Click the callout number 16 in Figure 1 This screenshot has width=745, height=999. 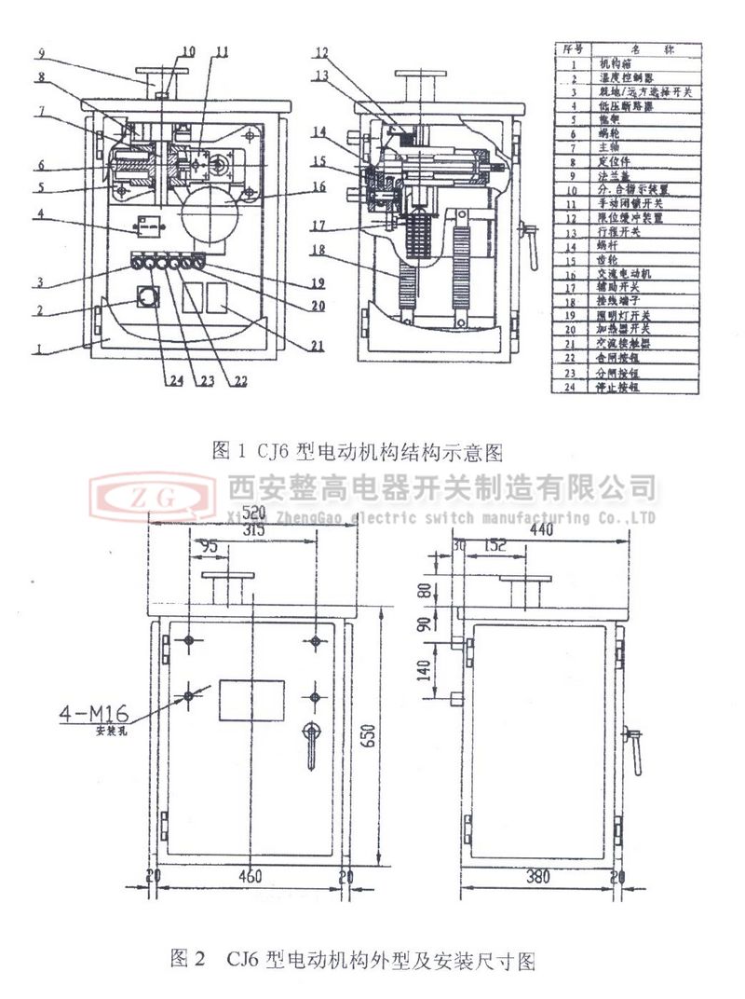coord(319,186)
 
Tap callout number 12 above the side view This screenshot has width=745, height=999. coord(321,52)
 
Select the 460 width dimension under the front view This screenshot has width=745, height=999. coord(250,876)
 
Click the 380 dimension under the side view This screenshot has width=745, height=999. coord(539,876)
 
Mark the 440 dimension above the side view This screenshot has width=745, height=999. coord(537,529)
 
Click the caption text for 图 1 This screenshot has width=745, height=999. coord(358,453)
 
